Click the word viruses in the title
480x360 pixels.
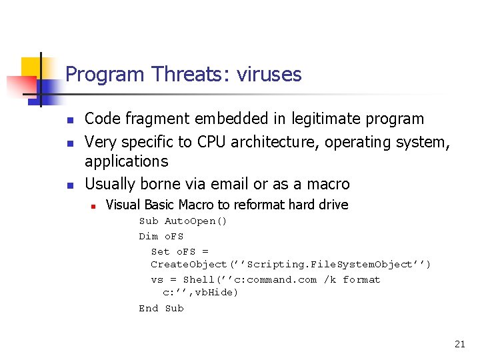coord(267,74)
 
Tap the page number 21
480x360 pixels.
coord(459,344)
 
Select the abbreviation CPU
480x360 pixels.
coord(210,142)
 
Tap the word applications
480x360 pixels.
coord(127,161)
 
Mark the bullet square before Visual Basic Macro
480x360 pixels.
coord(93,205)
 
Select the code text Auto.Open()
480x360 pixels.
coord(196,221)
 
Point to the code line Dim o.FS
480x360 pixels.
coord(161,236)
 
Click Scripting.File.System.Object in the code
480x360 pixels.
coord(331,265)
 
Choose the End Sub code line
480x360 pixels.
coord(161,308)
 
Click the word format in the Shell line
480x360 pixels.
coord(361,279)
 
